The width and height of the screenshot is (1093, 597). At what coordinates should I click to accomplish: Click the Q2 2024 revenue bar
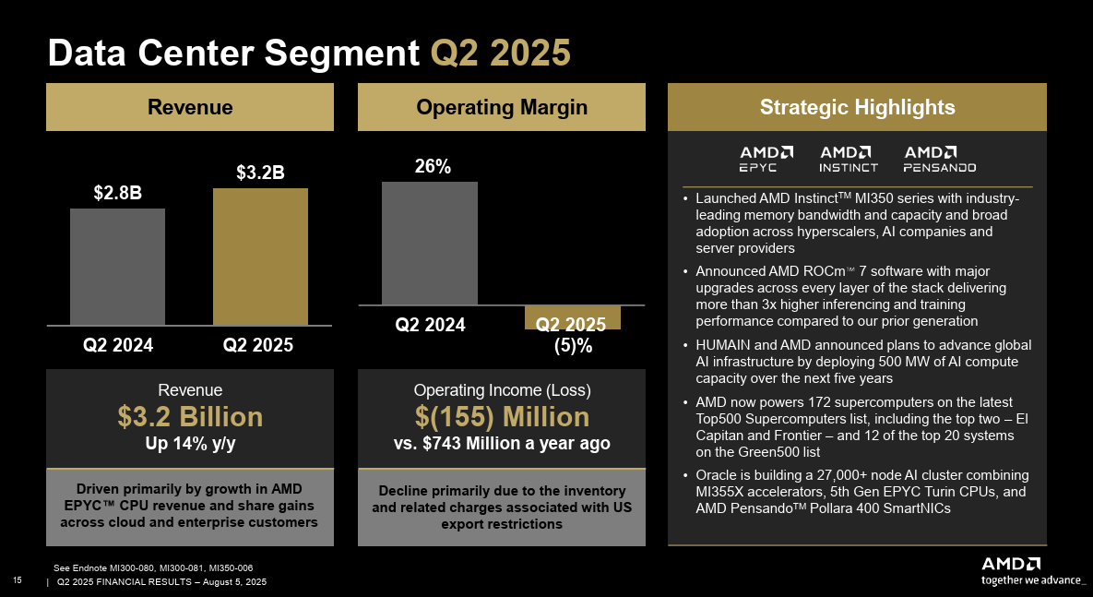(117, 267)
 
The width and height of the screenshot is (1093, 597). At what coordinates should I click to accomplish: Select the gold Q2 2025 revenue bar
(260, 257)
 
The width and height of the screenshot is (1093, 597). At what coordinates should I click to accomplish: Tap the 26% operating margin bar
(430, 243)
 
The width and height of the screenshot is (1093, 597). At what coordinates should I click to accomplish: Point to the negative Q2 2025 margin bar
(572, 316)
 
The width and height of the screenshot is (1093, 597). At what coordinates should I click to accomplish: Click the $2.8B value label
(117, 193)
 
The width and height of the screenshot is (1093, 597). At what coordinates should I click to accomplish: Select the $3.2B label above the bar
(260, 173)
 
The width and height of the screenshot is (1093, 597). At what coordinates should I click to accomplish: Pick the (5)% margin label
(573, 347)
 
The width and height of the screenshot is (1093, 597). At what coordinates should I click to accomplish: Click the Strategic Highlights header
(857, 107)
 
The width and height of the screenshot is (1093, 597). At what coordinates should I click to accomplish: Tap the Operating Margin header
(502, 107)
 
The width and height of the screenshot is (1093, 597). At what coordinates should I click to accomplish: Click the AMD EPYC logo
(766, 159)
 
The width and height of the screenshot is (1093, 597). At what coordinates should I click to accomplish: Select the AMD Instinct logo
(849, 159)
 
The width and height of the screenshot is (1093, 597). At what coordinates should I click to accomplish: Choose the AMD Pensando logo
(939, 159)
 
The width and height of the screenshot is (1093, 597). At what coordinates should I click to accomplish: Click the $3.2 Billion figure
(190, 417)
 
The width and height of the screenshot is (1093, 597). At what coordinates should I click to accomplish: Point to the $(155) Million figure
(502, 417)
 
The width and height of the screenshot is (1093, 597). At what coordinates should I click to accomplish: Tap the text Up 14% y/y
(190, 444)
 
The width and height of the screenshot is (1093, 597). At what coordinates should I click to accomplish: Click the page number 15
(17, 580)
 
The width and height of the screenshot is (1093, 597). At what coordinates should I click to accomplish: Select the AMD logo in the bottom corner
(1011, 564)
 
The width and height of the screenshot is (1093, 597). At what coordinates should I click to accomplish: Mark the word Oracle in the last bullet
(716, 475)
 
